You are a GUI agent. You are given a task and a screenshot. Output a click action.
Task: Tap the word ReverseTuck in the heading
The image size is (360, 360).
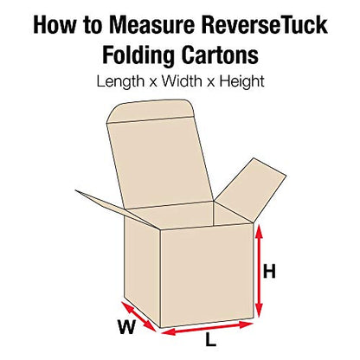[x=265, y=25]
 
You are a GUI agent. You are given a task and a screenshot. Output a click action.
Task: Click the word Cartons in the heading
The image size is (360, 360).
[x=220, y=55]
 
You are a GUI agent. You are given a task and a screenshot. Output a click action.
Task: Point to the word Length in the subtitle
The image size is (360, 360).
[x=120, y=81]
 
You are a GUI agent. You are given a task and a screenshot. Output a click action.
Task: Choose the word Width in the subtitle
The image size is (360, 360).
[x=182, y=81]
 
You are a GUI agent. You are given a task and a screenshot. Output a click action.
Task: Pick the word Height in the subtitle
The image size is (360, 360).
[x=241, y=81]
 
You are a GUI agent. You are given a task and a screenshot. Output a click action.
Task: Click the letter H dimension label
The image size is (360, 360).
[x=269, y=272]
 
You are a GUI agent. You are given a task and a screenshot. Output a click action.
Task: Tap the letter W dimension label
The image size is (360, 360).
[x=127, y=327]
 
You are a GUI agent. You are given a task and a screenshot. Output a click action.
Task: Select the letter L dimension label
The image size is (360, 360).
[x=211, y=339]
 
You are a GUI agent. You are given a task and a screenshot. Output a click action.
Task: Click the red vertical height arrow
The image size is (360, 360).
[x=260, y=271]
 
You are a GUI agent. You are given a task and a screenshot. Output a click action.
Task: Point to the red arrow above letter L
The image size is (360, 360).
[x=207, y=329]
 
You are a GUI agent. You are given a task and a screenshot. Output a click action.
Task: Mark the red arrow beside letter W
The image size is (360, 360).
[x=138, y=317]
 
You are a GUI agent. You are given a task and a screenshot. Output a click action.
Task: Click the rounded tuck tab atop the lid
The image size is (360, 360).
[x=149, y=111]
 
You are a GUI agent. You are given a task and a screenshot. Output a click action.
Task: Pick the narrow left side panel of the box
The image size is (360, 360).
[x=142, y=271]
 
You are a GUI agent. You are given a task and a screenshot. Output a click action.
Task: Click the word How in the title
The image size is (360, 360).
[x=54, y=25]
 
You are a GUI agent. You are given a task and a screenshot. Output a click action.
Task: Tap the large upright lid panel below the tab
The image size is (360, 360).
[x=160, y=163]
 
